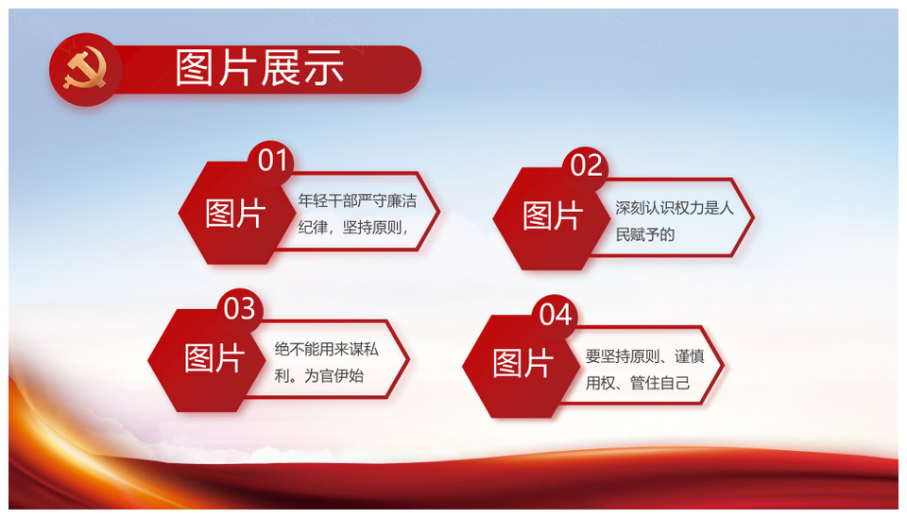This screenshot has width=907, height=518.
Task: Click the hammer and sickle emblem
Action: click(85, 69)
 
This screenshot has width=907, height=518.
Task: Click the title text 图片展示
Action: click(260, 68)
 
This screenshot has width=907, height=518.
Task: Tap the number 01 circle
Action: click(271, 162)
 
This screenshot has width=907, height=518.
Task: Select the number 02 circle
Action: click(586, 166)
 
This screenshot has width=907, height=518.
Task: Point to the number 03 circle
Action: click(240, 309)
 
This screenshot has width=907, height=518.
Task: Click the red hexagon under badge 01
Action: click(237, 213)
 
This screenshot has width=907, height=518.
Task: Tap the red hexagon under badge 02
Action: click(552, 218)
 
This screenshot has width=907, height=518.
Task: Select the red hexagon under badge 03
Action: click(207, 360)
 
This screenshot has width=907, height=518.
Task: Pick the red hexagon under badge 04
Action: click(522, 367)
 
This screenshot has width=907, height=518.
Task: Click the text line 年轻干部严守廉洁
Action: click(357, 200)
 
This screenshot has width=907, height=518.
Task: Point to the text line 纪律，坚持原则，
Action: click(353, 228)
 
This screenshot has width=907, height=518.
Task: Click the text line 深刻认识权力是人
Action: click(674, 207)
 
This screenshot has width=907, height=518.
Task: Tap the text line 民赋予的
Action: click(645, 234)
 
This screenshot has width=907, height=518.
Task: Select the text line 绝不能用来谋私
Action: click(326, 349)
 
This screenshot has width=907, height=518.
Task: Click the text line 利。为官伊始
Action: click(318, 375)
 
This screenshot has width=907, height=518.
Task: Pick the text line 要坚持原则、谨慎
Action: click(644, 356)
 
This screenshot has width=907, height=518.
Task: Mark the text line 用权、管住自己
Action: click(638, 383)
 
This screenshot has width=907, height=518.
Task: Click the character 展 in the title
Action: click(282, 68)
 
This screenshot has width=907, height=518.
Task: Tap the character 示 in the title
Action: click(324, 68)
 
